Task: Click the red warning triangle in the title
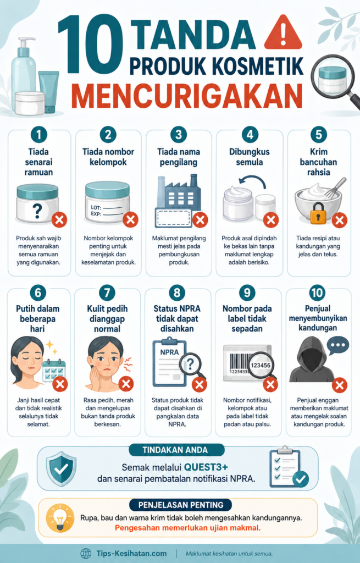[x=283, y=32]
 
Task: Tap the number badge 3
[x=179, y=135]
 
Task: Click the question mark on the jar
[x=37, y=211]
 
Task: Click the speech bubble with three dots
[x=338, y=345]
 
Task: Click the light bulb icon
[x=60, y=517]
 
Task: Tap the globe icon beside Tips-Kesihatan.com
[x=86, y=553]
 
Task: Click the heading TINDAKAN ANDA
[x=175, y=450]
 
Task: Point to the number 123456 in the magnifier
[x=261, y=365]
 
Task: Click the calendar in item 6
[x=54, y=371]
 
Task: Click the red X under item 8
[x=199, y=384]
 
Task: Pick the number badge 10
[x=317, y=292]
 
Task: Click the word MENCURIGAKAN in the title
[x=187, y=96]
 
